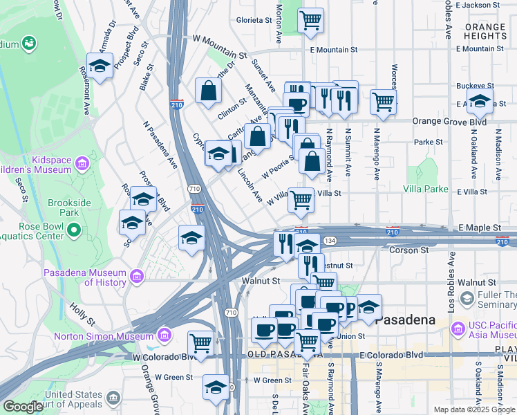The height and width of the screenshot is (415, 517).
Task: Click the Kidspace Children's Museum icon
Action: click(82, 164)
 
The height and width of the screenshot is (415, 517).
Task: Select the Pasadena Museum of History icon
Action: click(137, 277)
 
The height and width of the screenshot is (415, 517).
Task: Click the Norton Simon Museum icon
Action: click(164, 336)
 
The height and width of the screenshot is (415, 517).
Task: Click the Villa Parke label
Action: click(426, 188)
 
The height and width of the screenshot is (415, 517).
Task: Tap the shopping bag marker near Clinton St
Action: click(208, 91)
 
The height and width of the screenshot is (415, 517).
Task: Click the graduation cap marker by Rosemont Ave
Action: click(100, 66)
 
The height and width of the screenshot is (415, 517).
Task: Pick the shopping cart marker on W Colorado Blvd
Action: click(200, 342)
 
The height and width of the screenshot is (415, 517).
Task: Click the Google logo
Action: click(23, 407)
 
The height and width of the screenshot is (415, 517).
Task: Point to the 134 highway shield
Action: click(331, 240)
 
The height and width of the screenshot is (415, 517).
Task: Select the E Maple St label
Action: click(479, 228)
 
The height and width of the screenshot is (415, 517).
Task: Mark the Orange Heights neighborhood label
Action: click(485, 30)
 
